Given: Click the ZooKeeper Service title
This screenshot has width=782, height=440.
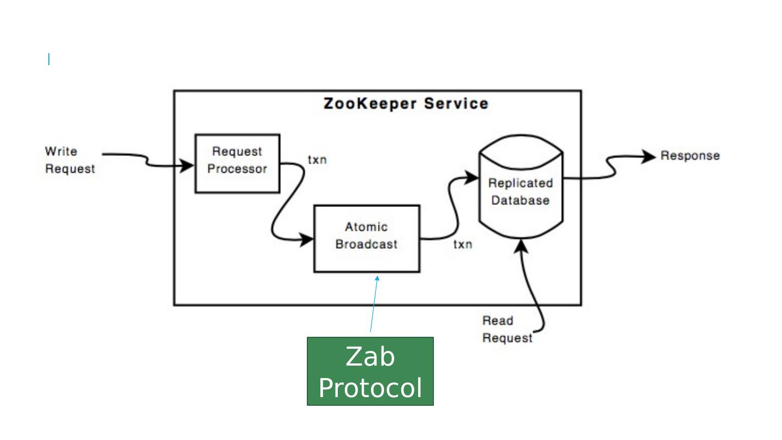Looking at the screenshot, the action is coord(406,104).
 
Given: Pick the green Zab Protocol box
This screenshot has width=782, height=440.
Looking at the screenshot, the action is coord(370,371).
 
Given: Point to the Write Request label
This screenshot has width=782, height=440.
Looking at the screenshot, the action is coord(70,160).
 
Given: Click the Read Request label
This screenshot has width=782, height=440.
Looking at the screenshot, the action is coord(507,329).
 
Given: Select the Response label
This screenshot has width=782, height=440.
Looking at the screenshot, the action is coord(690,156).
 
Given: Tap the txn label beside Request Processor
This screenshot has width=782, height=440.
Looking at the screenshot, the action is coord(317,160).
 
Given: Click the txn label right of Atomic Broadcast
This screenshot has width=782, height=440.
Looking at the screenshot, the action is coord(463,244).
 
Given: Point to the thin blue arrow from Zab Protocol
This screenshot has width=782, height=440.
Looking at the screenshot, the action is coord(374,304).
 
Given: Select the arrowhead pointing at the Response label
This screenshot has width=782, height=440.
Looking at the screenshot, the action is coord(648,156).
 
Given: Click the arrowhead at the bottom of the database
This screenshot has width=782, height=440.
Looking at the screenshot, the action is coord(521,246).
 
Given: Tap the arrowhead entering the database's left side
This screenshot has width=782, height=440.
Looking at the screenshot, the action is coord(471,178).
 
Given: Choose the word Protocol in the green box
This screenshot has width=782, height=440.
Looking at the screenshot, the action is coord(370,388).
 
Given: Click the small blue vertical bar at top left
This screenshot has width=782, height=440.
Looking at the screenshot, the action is coord(49,59).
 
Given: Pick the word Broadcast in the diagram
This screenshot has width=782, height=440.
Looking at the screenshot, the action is coord(367,244).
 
